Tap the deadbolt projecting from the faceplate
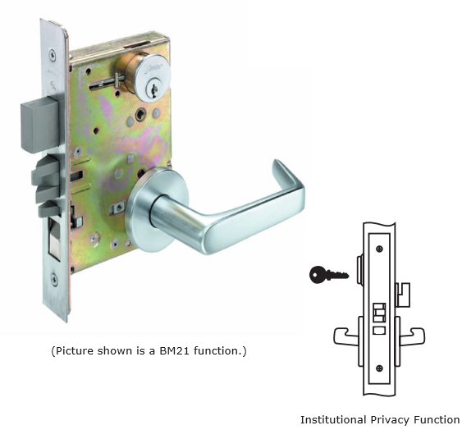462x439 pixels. (40, 126)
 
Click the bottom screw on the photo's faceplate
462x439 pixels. (54, 279)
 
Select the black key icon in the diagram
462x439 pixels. (329, 275)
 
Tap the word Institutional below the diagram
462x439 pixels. (333, 419)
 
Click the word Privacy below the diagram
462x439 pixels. (390, 420)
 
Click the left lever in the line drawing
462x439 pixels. (345, 336)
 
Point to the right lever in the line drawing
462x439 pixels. (412, 336)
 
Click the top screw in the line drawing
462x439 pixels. (379, 249)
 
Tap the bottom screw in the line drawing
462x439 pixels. (379, 368)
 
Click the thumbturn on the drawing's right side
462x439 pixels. (403, 295)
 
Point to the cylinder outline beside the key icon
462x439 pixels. (360, 270)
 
